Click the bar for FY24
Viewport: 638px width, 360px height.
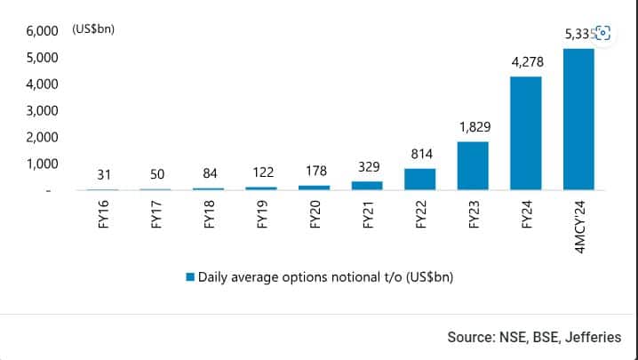(x=525, y=133)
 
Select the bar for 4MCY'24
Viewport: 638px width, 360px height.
(x=578, y=119)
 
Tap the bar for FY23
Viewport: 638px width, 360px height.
(x=473, y=165)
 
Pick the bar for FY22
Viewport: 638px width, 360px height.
(x=420, y=179)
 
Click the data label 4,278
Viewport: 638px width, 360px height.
(x=525, y=62)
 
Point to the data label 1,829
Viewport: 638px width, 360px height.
(x=473, y=127)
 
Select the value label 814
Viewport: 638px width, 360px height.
(x=420, y=154)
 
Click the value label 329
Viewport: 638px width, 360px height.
(x=367, y=167)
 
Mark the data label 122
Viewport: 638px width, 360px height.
(x=263, y=172)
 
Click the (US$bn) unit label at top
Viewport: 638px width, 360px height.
(x=93, y=30)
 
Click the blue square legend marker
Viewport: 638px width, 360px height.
(x=189, y=277)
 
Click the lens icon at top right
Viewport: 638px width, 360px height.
(x=602, y=33)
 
